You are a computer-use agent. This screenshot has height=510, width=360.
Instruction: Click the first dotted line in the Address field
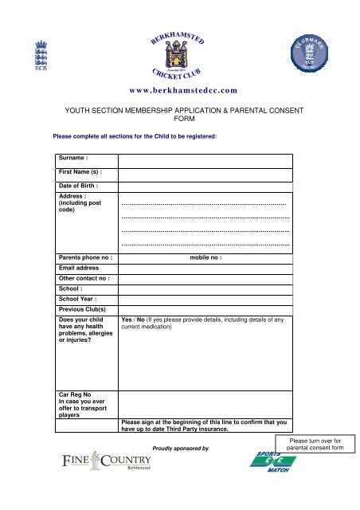click(204, 205)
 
